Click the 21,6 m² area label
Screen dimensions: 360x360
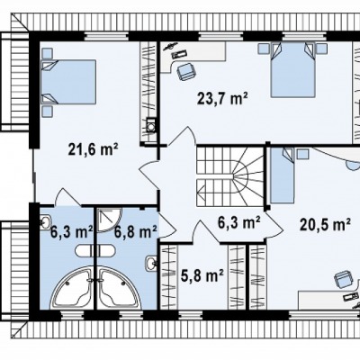[x=93, y=149]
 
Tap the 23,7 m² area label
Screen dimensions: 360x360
[x=222, y=98]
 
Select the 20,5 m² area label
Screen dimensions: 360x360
[x=325, y=224]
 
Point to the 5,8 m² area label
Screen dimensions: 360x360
[x=202, y=275]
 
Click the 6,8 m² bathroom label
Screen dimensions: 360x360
[x=136, y=231]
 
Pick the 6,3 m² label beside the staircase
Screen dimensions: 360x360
[x=238, y=222]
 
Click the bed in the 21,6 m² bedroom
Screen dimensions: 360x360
[x=68, y=82]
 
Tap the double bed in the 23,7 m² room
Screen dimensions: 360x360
[x=292, y=69]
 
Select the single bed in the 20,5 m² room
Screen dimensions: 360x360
[x=282, y=175]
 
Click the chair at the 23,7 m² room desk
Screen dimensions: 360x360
[x=186, y=71]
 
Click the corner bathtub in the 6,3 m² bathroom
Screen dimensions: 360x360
[x=71, y=288]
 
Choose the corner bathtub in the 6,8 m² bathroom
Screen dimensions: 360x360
[x=119, y=288]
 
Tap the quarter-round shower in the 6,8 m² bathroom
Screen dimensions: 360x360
[x=109, y=220]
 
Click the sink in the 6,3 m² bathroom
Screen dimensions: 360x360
[x=46, y=222]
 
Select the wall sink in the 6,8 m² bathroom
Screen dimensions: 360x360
[x=151, y=264]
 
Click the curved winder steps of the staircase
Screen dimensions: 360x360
[x=247, y=176]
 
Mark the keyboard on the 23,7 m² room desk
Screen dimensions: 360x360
[x=180, y=54]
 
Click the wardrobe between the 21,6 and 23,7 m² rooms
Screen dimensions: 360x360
[x=148, y=92]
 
